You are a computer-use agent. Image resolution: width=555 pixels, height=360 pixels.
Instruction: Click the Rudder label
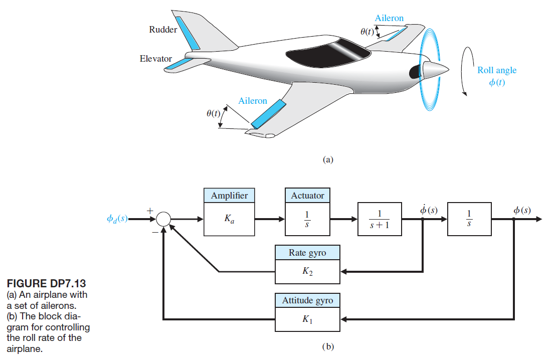pyautogui.click(x=163, y=30)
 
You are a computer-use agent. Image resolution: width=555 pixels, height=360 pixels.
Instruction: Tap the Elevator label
pyautogui.click(x=155, y=59)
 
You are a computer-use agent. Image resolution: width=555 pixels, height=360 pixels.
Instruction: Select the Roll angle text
pyautogui.click(x=496, y=70)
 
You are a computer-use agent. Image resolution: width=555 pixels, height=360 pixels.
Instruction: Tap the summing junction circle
pyautogui.click(x=163, y=220)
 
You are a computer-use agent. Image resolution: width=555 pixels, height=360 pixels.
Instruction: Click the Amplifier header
pyautogui.click(x=229, y=196)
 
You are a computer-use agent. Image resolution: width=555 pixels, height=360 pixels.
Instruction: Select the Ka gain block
pyautogui.click(x=229, y=220)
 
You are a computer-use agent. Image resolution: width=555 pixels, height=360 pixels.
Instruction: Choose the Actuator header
pyautogui.click(x=307, y=196)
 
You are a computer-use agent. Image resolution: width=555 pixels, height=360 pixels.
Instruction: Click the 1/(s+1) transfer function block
pyautogui.click(x=380, y=220)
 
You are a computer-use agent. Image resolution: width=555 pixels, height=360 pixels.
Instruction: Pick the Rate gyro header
pyautogui.click(x=307, y=253)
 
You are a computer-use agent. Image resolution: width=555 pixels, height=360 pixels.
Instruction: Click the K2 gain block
pyautogui.click(x=307, y=271)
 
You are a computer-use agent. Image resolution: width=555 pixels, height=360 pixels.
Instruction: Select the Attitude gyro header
pyautogui.click(x=307, y=300)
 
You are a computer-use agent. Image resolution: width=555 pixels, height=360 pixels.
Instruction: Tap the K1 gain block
pyautogui.click(x=307, y=319)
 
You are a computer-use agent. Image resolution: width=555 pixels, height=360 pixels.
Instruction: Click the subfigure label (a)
pyautogui.click(x=328, y=159)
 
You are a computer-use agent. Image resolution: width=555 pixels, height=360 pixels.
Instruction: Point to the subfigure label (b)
pyautogui.click(x=328, y=346)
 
